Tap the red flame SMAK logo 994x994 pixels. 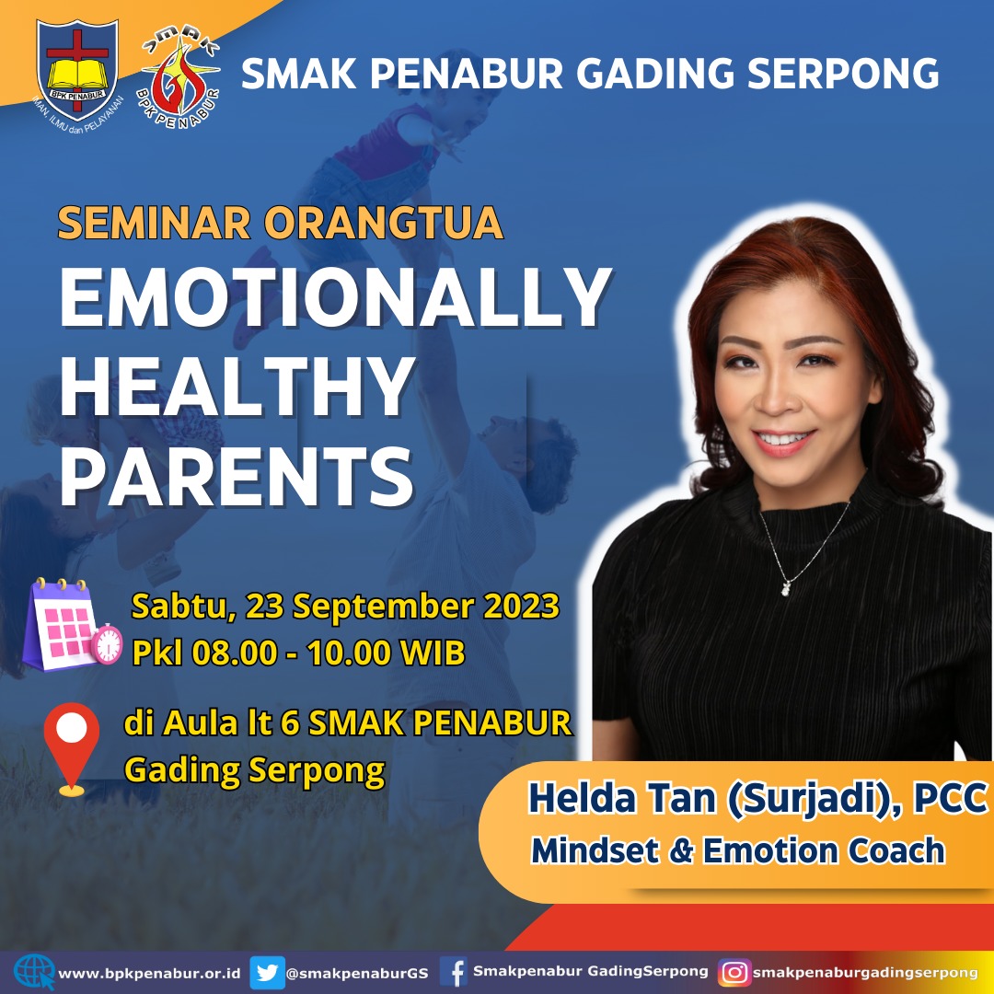tap(179, 78)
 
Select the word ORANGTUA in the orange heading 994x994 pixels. tap(384, 223)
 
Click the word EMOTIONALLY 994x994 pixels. tap(336, 296)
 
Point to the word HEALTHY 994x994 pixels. tap(237, 386)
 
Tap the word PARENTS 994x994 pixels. tap(237, 476)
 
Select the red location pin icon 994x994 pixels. tap(72, 749)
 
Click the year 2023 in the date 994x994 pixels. tap(521, 606)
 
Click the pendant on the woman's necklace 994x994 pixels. tap(785, 589)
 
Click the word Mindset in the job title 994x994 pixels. tap(595, 850)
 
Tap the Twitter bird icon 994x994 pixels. tap(267, 973)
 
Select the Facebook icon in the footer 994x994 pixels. tap(454, 972)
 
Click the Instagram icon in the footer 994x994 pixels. tap(734, 973)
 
